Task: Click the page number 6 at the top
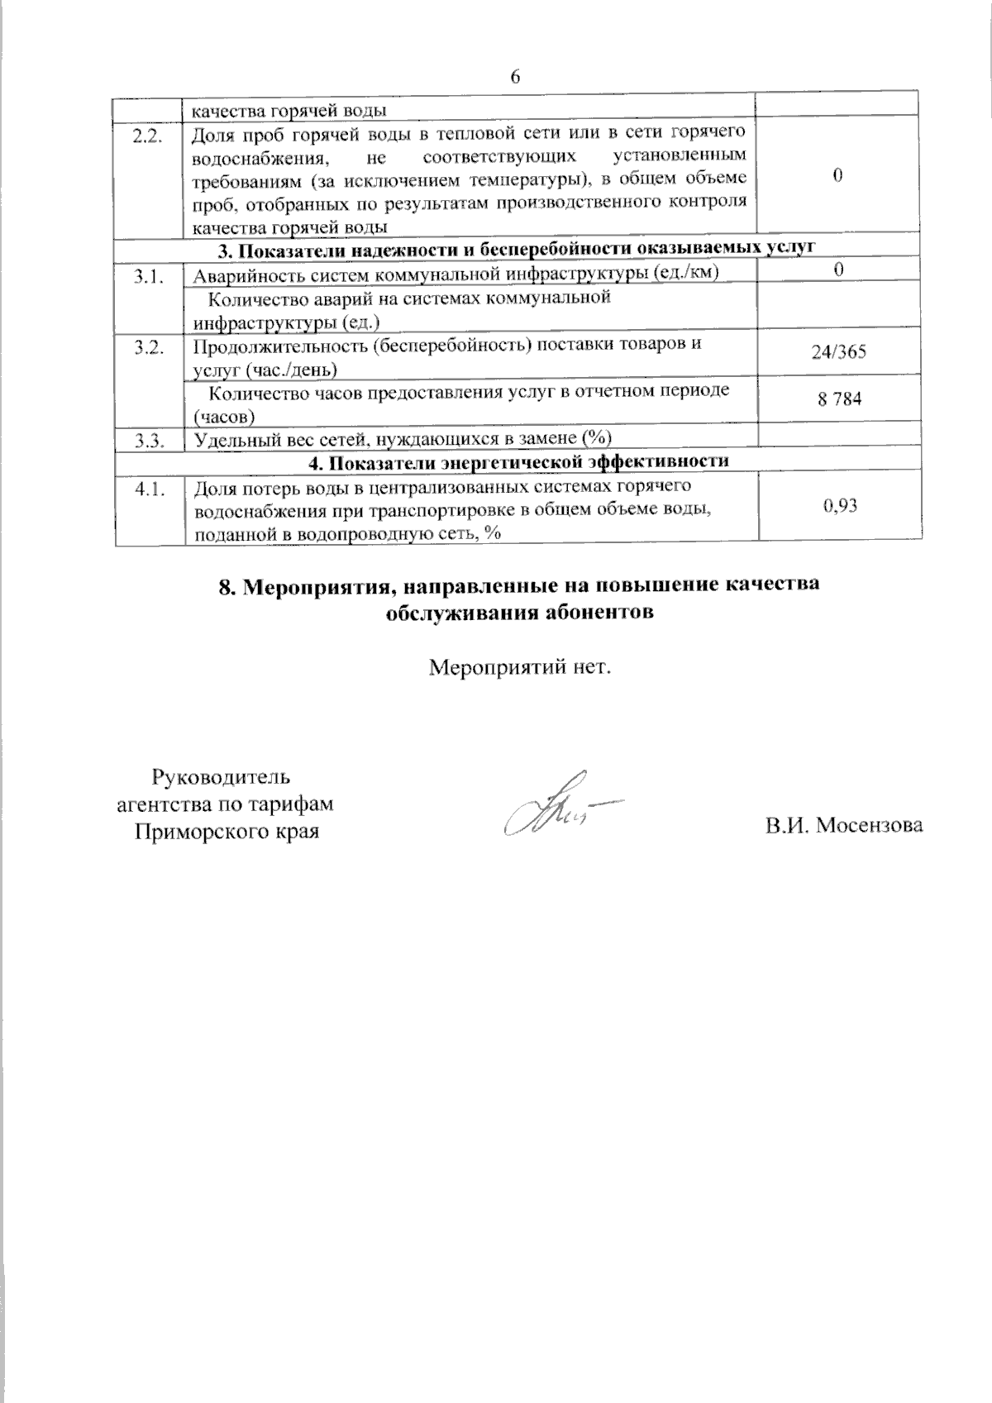(516, 78)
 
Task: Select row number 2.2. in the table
(146, 137)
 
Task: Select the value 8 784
(838, 399)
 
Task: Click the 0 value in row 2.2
(838, 175)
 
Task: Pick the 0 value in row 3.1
(838, 270)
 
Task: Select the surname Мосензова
(870, 825)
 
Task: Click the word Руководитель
(221, 777)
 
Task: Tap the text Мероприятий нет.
(520, 666)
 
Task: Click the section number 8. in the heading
(227, 586)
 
